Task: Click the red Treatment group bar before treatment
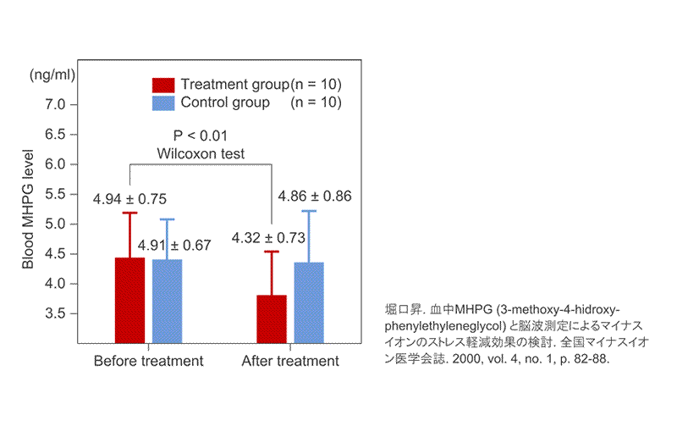click(129, 301)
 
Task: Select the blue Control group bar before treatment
click(167, 302)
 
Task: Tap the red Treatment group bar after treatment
click(272, 319)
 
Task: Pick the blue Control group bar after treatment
click(309, 303)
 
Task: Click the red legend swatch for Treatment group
click(162, 85)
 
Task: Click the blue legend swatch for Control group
click(162, 103)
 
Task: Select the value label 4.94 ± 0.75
click(129, 199)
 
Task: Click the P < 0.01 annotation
click(201, 136)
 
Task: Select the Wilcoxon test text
click(201, 154)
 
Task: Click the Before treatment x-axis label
click(148, 361)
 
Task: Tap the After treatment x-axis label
click(290, 361)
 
